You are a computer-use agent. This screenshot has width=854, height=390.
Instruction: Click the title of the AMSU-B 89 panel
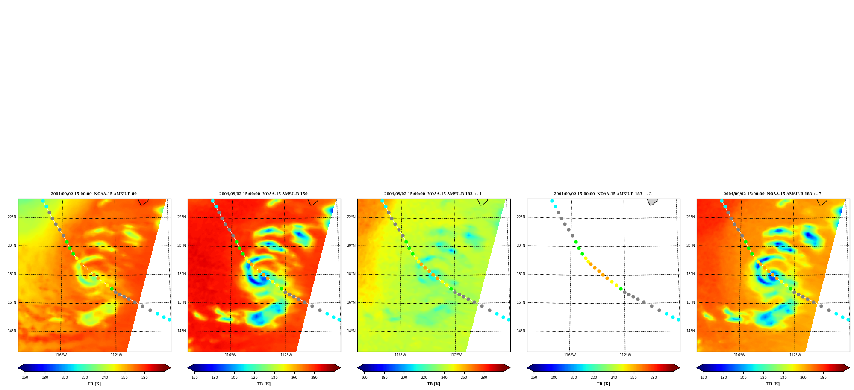click(94, 194)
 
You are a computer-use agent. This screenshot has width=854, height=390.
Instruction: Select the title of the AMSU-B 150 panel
click(263, 194)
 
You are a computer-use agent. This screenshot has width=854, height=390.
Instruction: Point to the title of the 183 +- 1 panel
click(433, 194)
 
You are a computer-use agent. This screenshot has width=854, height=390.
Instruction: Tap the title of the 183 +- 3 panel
click(603, 194)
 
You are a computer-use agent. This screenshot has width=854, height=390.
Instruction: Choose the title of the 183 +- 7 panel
click(772, 194)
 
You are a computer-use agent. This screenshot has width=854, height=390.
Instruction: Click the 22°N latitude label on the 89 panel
click(12, 217)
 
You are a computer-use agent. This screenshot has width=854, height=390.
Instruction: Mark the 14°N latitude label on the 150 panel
click(181, 331)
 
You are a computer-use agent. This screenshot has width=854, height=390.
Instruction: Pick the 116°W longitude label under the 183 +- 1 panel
click(400, 355)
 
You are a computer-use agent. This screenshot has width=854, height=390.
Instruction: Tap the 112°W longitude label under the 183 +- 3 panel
click(625, 355)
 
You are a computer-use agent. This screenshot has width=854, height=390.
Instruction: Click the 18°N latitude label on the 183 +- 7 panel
click(690, 274)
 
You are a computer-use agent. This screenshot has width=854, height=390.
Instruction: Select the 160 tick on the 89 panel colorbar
click(25, 377)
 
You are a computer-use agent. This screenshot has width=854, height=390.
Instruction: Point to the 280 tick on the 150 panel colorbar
click(314, 377)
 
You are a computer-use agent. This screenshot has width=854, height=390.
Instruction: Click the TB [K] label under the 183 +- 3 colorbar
click(603, 384)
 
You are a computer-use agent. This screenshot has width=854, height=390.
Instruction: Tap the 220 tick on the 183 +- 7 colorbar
click(763, 377)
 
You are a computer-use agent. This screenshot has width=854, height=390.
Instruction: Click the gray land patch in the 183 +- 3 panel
click(652, 202)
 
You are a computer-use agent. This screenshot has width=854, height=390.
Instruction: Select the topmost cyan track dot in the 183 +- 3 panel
click(552, 201)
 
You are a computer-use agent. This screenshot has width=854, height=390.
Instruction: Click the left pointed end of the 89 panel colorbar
click(18, 367)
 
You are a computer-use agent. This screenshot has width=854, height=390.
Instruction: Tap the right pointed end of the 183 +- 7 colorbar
click(849, 367)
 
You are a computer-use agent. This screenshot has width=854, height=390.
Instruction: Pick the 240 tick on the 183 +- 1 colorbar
click(444, 377)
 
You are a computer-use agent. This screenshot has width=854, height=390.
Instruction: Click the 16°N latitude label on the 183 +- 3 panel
click(521, 302)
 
